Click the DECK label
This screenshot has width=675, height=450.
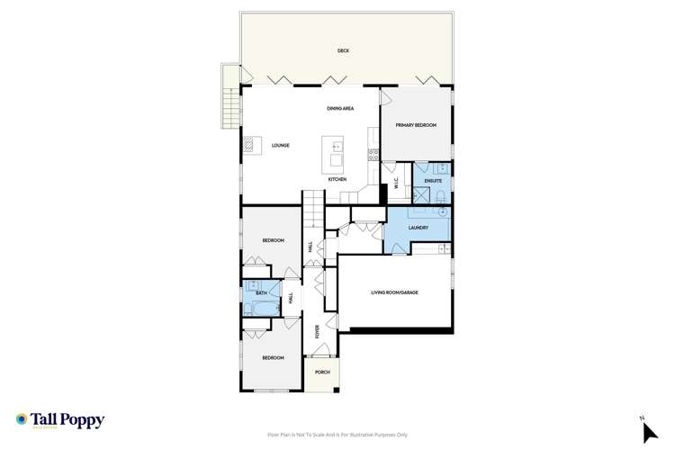(343, 51)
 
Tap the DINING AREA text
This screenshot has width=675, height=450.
(340, 109)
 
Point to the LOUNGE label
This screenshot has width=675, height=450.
(280, 145)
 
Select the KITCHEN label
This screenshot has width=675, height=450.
(337, 180)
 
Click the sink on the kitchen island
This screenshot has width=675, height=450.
(337, 146)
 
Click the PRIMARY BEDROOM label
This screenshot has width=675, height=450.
(416, 126)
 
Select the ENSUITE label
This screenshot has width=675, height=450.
(433, 181)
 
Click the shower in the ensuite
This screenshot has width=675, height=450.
(419, 194)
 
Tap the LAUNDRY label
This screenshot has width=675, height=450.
(417, 228)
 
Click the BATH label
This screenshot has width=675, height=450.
(261, 292)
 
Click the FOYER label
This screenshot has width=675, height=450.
(318, 330)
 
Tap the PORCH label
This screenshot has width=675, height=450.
(322, 372)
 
